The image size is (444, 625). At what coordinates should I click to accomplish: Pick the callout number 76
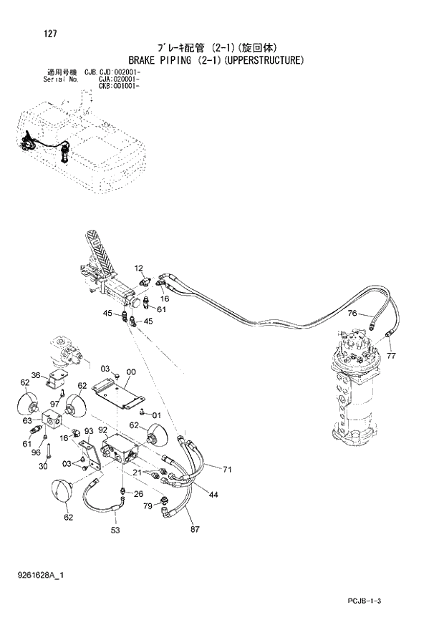click(352, 314)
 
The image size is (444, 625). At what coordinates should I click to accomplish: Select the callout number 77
click(391, 355)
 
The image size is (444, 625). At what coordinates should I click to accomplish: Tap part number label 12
click(139, 268)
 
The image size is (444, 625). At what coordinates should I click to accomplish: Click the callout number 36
click(35, 376)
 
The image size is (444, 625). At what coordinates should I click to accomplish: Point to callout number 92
click(102, 431)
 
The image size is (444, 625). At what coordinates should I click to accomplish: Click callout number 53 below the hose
click(115, 530)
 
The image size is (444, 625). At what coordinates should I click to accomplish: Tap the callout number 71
click(228, 470)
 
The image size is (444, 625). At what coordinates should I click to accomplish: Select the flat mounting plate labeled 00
click(120, 396)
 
